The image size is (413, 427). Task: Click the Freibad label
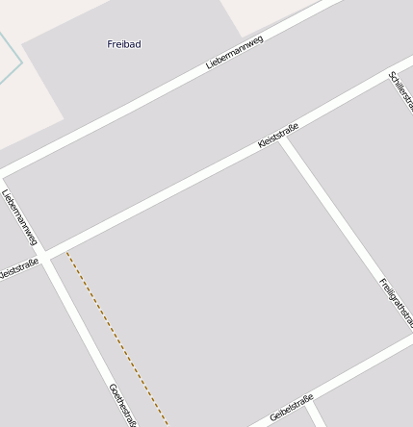[123, 44]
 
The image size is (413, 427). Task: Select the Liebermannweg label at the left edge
[19, 215]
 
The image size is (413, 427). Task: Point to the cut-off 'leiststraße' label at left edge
[18, 269]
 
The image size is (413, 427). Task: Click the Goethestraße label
[123, 404]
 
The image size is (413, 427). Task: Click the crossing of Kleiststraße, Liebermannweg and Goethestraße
[45, 253]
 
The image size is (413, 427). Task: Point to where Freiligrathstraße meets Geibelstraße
[409, 338]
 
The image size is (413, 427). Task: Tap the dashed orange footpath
[116, 337]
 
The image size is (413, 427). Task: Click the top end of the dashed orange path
[67, 253]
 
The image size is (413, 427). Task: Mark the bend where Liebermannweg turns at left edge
[3, 179]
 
